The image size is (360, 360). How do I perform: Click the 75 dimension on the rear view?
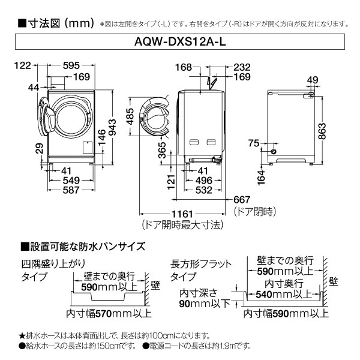click(x=254, y=142)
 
